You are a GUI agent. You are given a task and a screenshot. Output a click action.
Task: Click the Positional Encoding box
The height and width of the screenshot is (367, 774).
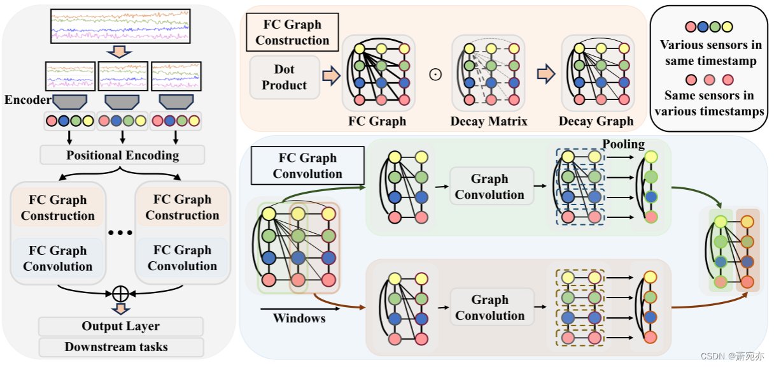[122, 155]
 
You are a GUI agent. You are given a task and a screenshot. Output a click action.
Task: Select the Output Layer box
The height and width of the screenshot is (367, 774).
[120, 326]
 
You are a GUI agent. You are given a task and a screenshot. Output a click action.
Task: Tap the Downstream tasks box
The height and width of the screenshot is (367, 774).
[120, 347]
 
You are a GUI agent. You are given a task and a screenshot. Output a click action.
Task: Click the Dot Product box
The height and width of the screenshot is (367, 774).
[284, 77]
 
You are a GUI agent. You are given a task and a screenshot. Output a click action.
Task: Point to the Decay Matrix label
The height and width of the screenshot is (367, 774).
[489, 121]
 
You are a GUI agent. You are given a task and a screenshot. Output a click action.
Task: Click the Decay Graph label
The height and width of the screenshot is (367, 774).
[596, 121]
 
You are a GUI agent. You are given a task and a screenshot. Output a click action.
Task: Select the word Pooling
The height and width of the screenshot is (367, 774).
[624, 144]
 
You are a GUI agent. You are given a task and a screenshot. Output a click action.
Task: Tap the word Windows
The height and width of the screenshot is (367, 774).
[299, 317]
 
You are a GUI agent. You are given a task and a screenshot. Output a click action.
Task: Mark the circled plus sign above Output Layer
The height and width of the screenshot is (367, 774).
[120, 294]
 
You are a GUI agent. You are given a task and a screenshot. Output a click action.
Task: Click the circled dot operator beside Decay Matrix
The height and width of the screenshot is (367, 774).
[435, 75]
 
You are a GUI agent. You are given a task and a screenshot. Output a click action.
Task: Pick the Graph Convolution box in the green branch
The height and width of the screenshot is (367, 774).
[489, 187]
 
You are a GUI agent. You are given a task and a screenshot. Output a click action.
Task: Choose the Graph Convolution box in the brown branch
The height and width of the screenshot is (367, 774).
[489, 307]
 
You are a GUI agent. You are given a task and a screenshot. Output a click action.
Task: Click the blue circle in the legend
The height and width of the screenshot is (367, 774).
[703, 27]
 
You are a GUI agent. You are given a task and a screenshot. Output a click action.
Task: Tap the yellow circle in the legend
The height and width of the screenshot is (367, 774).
[727, 27]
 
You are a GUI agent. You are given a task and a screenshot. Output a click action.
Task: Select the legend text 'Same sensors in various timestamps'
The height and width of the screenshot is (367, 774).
[709, 103]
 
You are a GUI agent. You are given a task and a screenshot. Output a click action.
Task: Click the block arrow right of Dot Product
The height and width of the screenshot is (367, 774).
[331, 76]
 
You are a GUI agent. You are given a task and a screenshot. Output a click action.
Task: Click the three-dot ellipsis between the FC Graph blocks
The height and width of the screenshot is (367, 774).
[120, 233]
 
